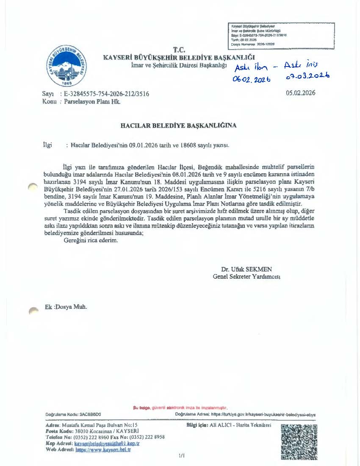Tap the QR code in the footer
[299, 441]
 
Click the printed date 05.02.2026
[301, 93]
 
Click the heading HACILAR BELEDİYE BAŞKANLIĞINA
[179, 126]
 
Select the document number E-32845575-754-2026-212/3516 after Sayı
[106, 94]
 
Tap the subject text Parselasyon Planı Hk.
[92, 102]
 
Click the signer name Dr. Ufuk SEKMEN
[246, 269]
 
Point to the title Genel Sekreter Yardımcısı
[246, 277]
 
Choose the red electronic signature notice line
[180, 408]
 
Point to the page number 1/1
[182, 456]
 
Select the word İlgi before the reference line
[47, 145]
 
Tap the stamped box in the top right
[281, 35]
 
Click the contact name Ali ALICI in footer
[216, 425]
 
